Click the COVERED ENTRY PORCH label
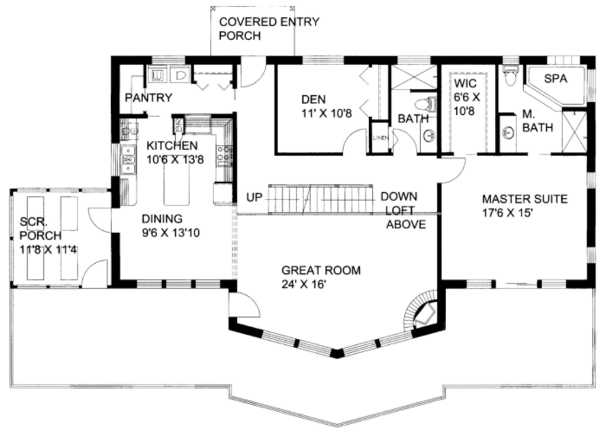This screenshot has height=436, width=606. [269, 29]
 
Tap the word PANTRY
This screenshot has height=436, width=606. [148, 98]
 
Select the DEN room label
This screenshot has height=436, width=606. [313, 99]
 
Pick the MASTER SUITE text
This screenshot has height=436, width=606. [524, 199]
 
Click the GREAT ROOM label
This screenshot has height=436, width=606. [321, 270]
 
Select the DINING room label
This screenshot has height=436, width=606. [158, 218]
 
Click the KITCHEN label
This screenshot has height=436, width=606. [172, 146]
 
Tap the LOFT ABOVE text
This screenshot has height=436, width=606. [406, 217]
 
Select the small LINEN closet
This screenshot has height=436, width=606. [379, 138]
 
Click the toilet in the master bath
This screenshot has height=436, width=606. [510, 76]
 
